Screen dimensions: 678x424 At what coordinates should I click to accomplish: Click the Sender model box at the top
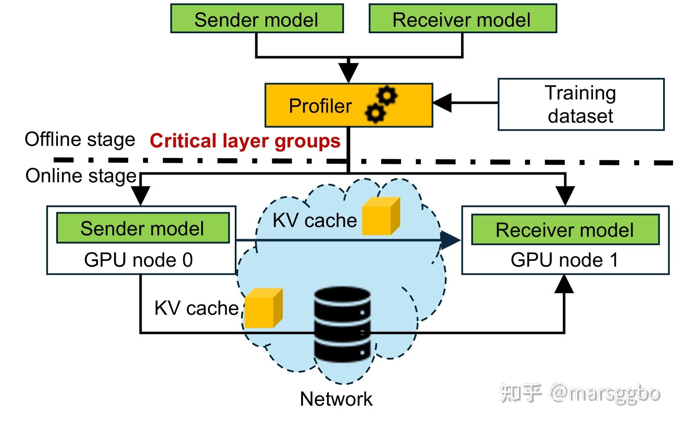pos(257,18)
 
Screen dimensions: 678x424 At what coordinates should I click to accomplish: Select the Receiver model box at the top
pos(463,18)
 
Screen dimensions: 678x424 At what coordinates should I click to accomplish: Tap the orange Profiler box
pos(349,105)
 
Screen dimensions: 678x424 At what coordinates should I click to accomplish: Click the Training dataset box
pos(581,104)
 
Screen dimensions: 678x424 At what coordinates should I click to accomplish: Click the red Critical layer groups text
pos(245,141)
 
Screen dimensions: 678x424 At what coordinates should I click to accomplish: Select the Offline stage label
pos(80,140)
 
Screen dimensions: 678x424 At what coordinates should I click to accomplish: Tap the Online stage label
pos(81,176)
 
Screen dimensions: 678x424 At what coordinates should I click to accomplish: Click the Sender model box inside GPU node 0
pos(143,228)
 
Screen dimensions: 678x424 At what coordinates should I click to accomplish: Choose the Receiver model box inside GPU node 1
pos(565,229)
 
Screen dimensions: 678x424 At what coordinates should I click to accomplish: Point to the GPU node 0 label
pos(139,260)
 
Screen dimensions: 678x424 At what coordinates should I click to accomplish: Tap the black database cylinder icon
pos(342,324)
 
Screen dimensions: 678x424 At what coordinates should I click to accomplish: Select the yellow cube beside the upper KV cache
pos(381,216)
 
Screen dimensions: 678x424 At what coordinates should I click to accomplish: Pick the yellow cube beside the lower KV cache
pos(264,308)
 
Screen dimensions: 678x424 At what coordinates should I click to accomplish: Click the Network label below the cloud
pos(336,399)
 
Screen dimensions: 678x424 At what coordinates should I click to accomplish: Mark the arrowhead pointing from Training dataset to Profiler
pos(442,103)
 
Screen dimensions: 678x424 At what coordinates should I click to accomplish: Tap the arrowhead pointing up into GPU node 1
pos(564,284)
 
